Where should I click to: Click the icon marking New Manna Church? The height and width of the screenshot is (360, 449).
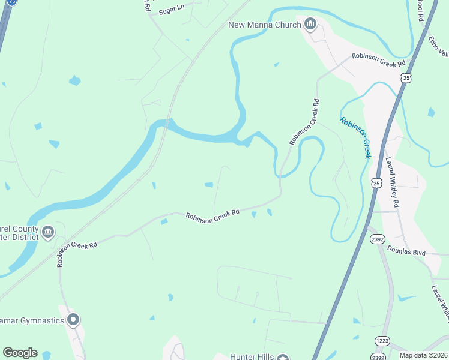point(310,25)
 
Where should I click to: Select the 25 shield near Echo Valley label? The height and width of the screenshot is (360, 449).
point(406,78)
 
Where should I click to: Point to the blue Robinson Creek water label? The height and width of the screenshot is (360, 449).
point(355,137)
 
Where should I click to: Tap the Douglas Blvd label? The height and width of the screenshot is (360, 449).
point(406,251)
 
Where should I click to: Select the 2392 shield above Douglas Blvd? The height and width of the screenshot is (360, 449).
point(376,239)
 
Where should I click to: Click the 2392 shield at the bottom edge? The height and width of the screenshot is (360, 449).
point(378,357)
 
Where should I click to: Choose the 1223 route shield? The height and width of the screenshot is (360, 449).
point(382,341)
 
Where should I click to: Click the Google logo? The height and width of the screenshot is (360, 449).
point(20,353)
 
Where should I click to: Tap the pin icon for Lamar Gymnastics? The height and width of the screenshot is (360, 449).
point(73,320)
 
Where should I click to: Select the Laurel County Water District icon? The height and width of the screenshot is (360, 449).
point(48,231)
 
